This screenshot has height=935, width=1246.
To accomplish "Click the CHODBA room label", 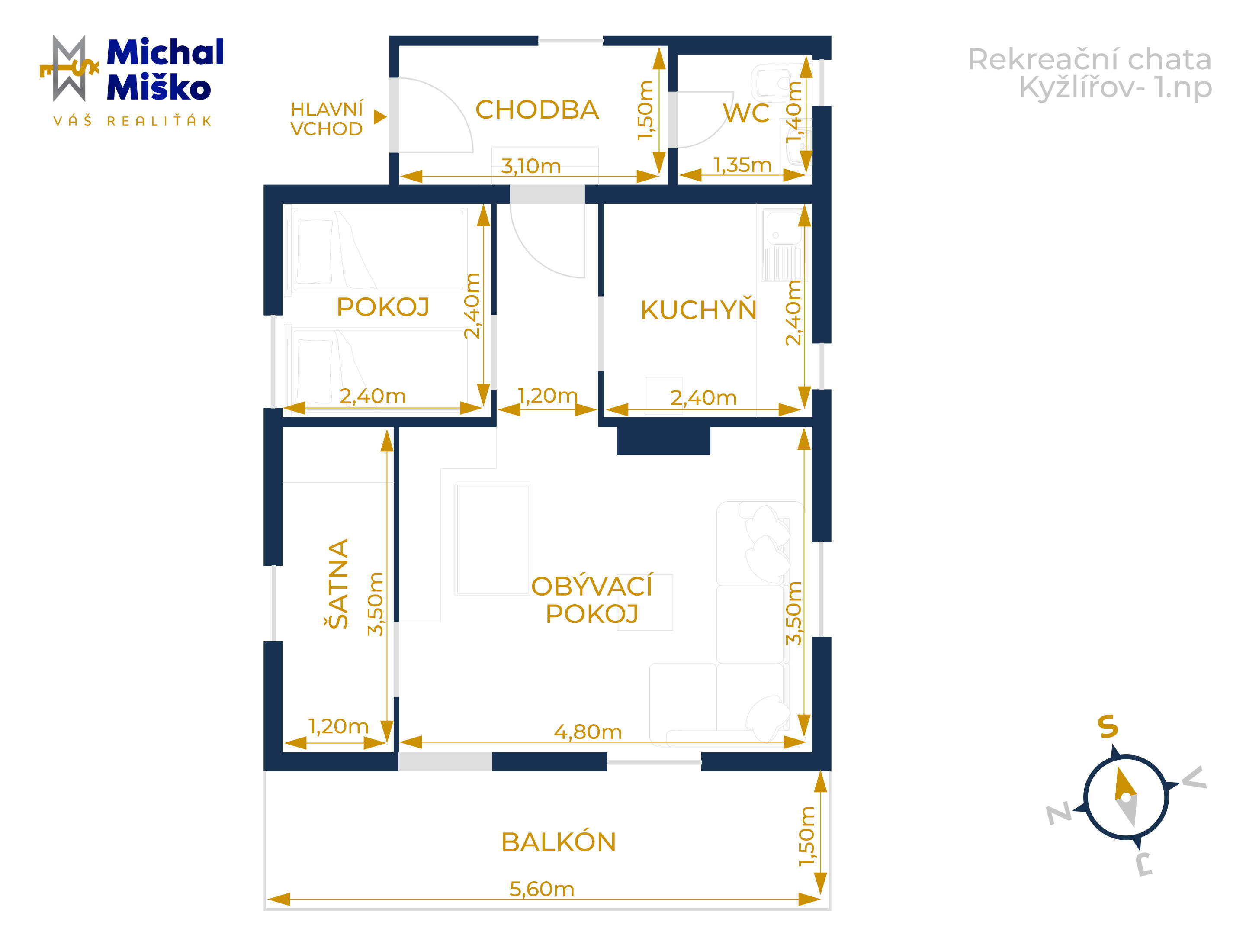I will (x=537, y=110).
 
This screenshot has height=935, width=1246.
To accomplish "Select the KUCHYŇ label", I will (x=698, y=310).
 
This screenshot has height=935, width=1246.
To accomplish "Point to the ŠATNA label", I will (x=338, y=584).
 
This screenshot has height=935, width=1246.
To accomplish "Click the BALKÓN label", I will (x=558, y=842).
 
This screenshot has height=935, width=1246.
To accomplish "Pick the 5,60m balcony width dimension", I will (x=542, y=889).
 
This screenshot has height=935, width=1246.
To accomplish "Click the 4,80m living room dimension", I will (x=588, y=732).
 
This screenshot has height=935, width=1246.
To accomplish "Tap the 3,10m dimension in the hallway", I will (x=530, y=166).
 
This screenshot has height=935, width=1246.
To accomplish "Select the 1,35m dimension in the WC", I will (x=742, y=164).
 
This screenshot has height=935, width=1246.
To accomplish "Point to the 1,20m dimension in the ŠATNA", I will (x=338, y=726).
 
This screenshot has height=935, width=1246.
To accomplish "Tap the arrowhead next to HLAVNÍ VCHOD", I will (x=380, y=117).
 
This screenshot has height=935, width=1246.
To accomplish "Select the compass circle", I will (x=1125, y=797).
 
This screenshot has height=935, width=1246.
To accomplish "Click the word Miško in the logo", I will (x=158, y=87).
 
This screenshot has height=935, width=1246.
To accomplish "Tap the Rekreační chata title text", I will (x=1089, y=59).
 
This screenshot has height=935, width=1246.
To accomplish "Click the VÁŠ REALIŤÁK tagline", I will (x=132, y=121).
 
